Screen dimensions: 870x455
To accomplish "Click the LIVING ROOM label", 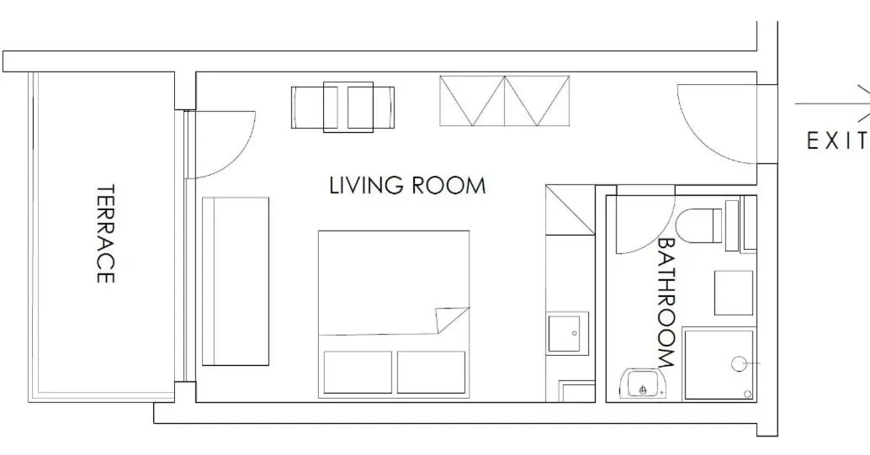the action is tap(407, 185).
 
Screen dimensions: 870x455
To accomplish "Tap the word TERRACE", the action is tap(105, 234).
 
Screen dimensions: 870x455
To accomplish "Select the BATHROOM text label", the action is tap(666, 303).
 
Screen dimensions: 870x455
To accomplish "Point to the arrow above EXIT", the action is tap(832, 103).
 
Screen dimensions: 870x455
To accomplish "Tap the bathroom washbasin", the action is tap(643, 384).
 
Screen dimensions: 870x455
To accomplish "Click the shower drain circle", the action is tap(739, 364).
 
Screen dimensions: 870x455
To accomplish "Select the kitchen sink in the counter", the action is tap(568, 333).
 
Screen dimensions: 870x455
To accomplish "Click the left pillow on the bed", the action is tap(358, 372).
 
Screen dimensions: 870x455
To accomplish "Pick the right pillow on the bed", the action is tap(431, 372).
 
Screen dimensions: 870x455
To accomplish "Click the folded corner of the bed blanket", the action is tap(450, 320).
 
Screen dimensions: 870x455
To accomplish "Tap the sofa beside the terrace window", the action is tap(236, 281).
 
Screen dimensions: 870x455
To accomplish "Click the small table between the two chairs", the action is tap(347, 107).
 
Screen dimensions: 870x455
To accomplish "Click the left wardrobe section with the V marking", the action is tap(472, 100).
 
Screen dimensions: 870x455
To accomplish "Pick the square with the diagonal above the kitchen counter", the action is tap(570, 209).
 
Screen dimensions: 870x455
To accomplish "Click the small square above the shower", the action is tap(734, 293).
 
